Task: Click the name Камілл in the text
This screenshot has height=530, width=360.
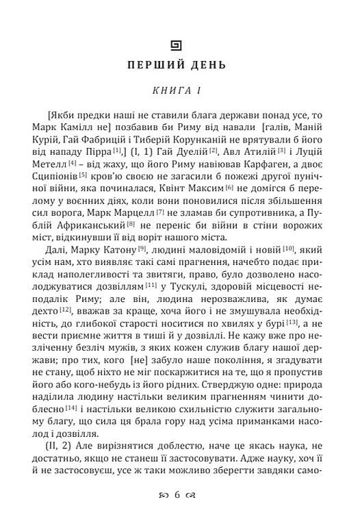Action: (x=72, y=136)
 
